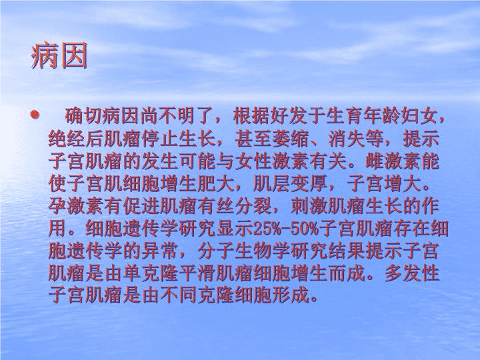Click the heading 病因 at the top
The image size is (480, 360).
59,56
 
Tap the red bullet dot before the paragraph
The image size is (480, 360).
35,115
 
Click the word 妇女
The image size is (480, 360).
419,115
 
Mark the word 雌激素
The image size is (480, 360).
393,161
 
